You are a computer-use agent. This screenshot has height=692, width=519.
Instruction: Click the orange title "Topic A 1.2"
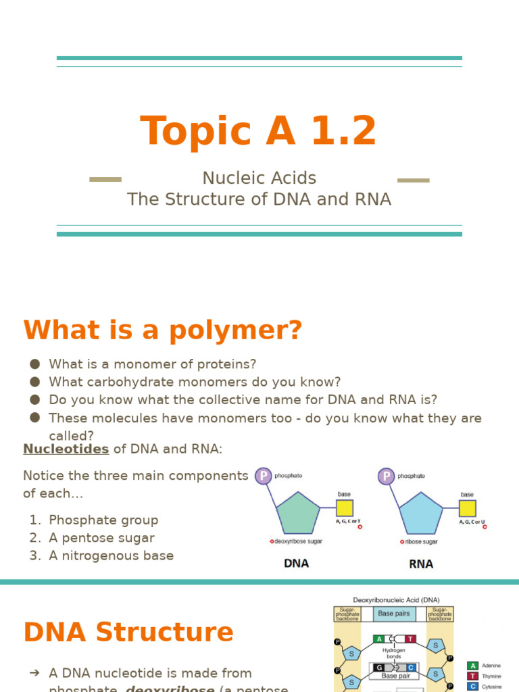tap(258, 131)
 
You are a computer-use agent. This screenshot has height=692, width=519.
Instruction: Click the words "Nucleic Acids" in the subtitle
tap(259, 178)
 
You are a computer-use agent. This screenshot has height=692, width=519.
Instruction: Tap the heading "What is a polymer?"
tap(162, 330)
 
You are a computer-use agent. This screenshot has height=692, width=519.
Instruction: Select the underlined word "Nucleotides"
tap(66, 449)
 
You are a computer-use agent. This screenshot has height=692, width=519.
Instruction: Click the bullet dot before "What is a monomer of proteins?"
tap(34, 364)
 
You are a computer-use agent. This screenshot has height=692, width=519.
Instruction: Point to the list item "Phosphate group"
tap(103, 520)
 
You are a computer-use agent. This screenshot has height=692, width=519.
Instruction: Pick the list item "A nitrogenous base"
tap(111, 555)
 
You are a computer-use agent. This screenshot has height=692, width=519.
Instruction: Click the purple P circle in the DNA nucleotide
tap(263, 476)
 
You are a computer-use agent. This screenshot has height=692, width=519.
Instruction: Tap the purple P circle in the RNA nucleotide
tap(386, 476)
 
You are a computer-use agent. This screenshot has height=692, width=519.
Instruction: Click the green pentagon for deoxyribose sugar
tap(297, 514)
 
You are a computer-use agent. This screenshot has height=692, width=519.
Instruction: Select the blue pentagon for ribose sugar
tap(420, 514)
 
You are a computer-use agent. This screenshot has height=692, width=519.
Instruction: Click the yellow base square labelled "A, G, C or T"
tap(345, 508)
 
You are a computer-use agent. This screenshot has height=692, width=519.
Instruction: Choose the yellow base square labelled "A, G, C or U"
tap(468, 508)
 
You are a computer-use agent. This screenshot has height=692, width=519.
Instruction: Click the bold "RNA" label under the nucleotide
tap(421, 564)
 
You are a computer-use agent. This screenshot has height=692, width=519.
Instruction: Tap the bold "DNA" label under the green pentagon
tap(297, 564)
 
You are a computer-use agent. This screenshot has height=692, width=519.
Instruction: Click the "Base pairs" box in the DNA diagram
tap(394, 614)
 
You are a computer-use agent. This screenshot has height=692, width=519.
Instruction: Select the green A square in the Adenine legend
tap(473, 666)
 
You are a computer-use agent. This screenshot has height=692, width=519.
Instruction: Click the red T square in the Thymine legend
tap(473, 676)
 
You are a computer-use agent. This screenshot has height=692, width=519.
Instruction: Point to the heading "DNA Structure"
tap(128, 633)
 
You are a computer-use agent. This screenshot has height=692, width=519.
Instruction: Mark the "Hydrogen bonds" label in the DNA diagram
tap(394, 653)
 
